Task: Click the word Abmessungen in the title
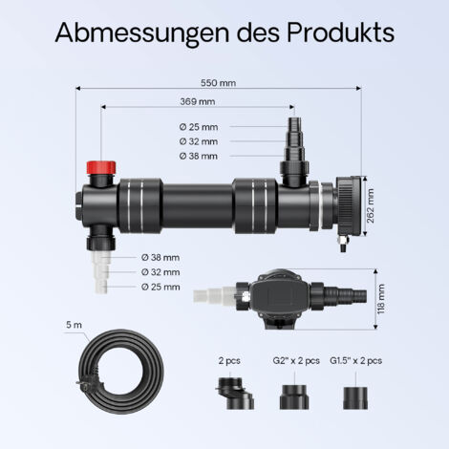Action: coord(142,33)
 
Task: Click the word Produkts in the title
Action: coord(341,32)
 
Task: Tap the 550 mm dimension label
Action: coord(219,83)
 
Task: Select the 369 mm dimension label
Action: coord(198,101)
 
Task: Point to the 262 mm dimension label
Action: coord(371,205)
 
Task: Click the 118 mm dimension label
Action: coord(381,299)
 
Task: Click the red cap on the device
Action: coord(101,168)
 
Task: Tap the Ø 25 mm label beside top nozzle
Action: coord(199,127)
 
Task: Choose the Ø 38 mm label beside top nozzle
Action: coord(199,156)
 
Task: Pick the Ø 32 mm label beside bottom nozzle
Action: coord(160,272)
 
